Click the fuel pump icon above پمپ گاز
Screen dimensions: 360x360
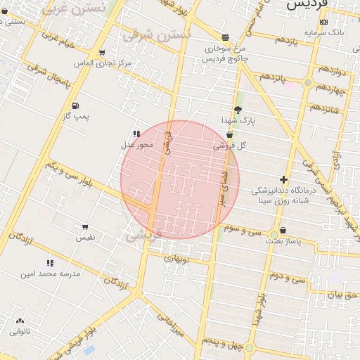pyautogui.click(x=75, y=105)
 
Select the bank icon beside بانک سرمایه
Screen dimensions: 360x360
pyautogui.click(x=323, y=22)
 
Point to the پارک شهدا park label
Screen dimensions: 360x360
pyautogui.click(x=238, y=120)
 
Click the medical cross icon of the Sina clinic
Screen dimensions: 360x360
pyautogui.click(x=283, y=180)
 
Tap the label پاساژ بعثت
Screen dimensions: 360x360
pyautogui.click(x=283, y=240)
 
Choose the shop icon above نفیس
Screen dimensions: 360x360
pyautogui.click(x=85, y=227)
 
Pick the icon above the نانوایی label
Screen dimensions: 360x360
pyautogui.click(x=19, y=321)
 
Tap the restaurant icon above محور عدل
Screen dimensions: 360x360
pyautogui.click(x=136, y=134)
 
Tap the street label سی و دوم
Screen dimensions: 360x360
pyautogui.click(x=289, y=278)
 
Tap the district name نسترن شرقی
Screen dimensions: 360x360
pyautogui.click(x=157, y=34)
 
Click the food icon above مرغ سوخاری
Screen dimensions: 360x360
pyautogui.click(x=224, y=38)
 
